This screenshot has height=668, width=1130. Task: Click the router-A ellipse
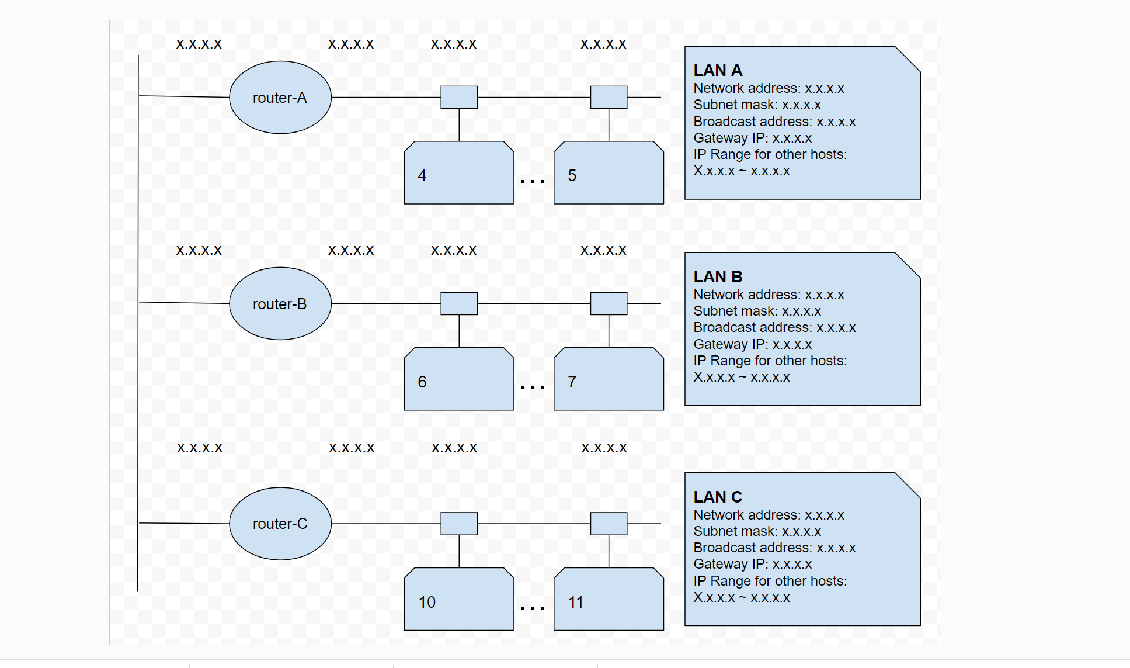pos(280,98)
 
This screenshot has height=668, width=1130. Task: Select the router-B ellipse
pos(280,304)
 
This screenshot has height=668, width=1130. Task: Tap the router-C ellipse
pos(280,524)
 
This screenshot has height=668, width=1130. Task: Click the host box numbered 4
pos(458,174)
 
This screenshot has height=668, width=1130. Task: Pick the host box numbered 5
pos(609,174)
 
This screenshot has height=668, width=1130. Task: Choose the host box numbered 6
pos(458,380)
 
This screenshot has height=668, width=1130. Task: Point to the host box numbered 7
pos(609,380)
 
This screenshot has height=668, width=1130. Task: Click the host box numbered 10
pos(458,600)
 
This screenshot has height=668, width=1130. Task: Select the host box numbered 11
pos(609,600)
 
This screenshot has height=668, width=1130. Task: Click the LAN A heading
pos(718,71)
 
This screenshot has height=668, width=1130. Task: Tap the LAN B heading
pos(718,277)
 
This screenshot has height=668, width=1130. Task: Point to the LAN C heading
pos(718,497)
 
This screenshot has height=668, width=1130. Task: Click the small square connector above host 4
pos(458,97)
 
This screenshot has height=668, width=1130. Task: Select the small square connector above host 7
pos(609,303)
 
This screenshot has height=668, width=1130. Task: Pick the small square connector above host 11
pos(609,524)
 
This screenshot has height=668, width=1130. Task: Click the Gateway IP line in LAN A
pos(752,139)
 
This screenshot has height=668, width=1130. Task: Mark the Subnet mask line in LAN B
pos(757,311)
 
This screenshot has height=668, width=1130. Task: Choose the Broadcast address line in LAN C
pos(774,548)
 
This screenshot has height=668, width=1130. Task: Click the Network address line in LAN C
pos(768,515)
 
